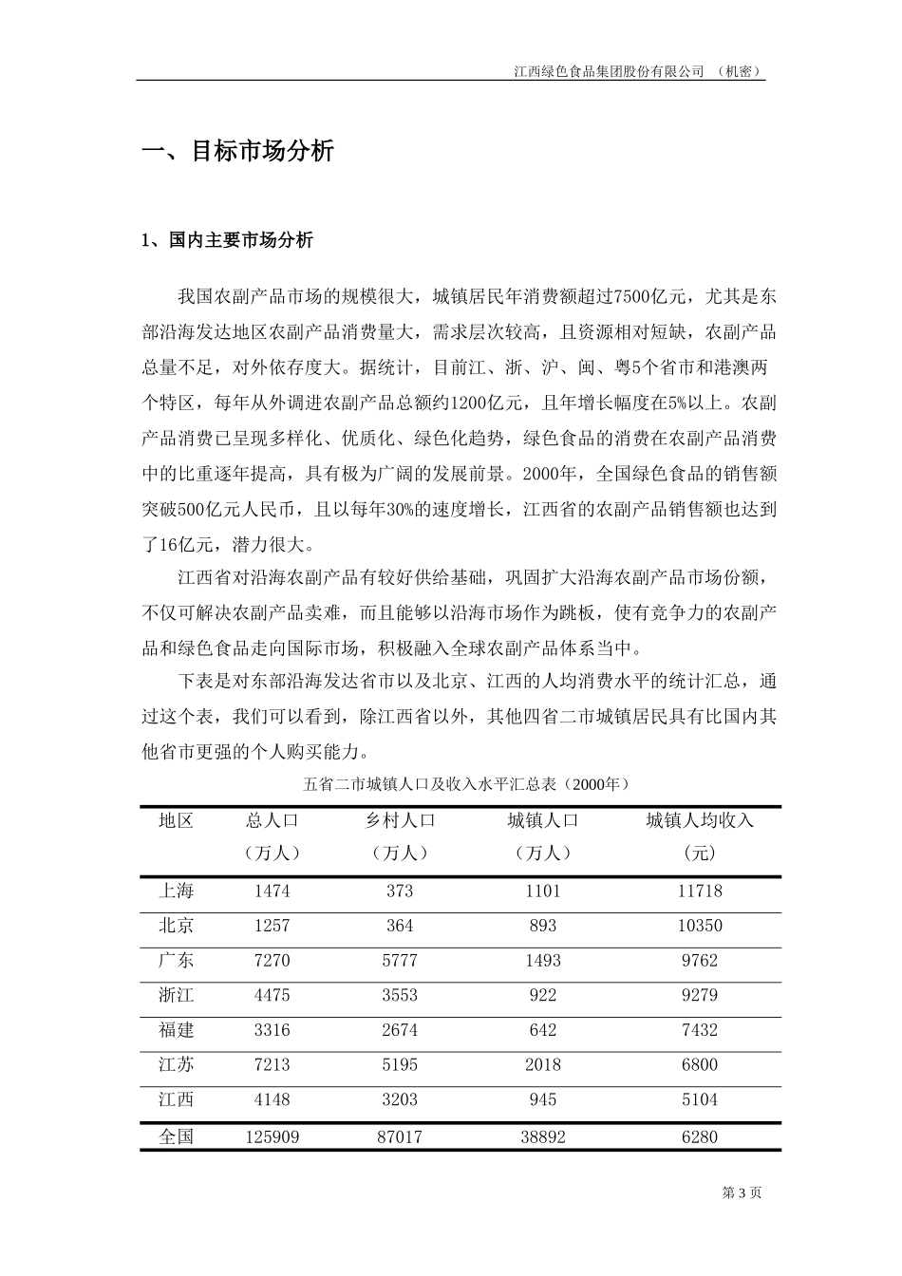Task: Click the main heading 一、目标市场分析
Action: coord(237,151)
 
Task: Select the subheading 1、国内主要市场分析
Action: coord(227,240)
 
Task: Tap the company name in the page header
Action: coord(608,71)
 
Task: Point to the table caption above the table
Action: coord(465,784)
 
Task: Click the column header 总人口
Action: coord(272,820)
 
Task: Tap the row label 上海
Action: coord(177,891)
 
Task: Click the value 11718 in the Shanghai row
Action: coord(700,891)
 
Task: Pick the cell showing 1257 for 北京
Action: coord(272,926)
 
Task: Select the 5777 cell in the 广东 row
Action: coord(400,961)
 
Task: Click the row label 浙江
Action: coord(177,995)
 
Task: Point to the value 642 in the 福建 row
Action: coord(542,1030)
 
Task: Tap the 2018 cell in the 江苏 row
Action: coord(542,1065)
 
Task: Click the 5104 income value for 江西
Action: coord(700,1099)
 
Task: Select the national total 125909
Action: coord(272,1136)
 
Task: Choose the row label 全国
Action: coord(177,1136)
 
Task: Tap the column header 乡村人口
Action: coord(400,820)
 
